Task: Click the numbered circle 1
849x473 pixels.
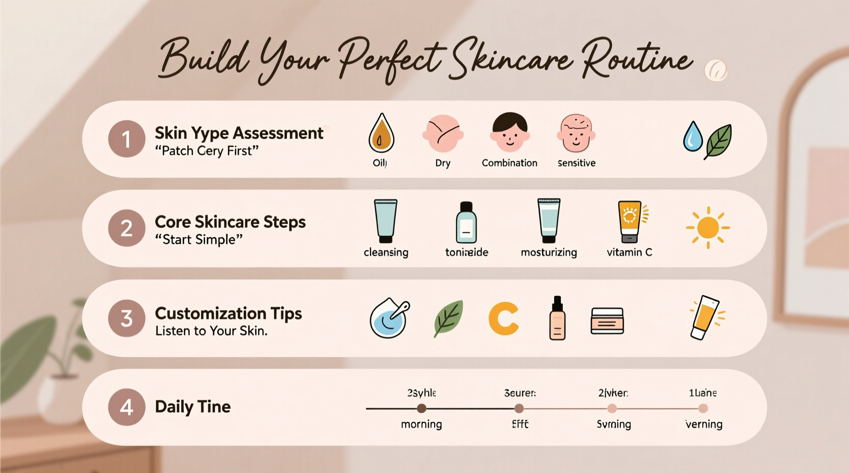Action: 127,139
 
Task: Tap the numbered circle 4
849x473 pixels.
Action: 127,407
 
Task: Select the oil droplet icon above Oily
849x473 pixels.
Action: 381,134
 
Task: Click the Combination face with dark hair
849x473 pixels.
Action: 510,133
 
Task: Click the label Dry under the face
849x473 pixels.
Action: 443,163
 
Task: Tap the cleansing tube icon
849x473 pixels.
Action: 386,221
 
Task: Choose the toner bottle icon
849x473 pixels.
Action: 466,223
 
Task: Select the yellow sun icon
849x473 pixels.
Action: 708,228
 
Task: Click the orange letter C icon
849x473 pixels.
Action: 504,319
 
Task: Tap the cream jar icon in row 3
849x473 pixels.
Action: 607,321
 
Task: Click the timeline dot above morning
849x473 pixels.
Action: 421,408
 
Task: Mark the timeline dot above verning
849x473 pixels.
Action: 703,408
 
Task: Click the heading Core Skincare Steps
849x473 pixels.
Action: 230,222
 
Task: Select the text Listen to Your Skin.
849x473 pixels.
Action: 211,331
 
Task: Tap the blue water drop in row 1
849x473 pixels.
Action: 692,136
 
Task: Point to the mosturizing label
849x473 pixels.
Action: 548,252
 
